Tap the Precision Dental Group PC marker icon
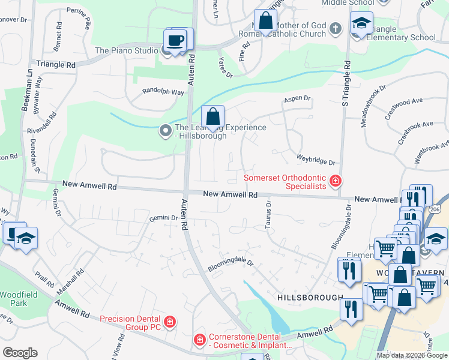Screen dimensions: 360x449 point(170,322)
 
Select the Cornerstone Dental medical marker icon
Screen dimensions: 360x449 point(199,340)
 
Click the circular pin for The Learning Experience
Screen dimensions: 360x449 point(166,130)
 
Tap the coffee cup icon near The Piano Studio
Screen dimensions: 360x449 point(175,41)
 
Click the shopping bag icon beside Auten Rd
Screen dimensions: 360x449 point(212,116)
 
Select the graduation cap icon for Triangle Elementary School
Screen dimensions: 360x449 point(361,25)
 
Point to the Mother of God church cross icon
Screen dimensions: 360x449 point(336,28)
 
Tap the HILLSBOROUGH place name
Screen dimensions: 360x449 point(310,298)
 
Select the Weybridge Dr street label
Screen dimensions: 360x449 point(315,159)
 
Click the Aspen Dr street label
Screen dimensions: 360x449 point(297,98)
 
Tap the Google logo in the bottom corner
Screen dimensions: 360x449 point(20,352)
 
